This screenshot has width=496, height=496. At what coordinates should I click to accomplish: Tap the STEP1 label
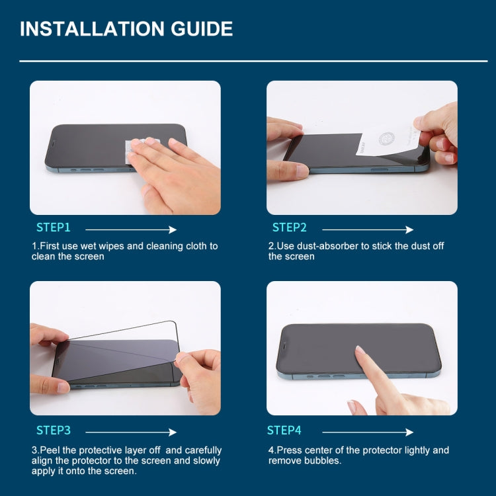[53, 227]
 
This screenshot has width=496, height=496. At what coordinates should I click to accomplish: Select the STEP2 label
[289, 227]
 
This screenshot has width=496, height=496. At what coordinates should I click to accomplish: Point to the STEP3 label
[53, 431]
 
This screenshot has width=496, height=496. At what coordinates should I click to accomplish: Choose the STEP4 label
[284, 431]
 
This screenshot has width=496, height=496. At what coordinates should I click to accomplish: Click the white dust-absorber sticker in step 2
[384, 139]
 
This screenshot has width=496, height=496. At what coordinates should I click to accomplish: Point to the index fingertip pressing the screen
[360, 351]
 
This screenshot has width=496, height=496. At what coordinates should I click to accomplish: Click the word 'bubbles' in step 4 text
[323, 460]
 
